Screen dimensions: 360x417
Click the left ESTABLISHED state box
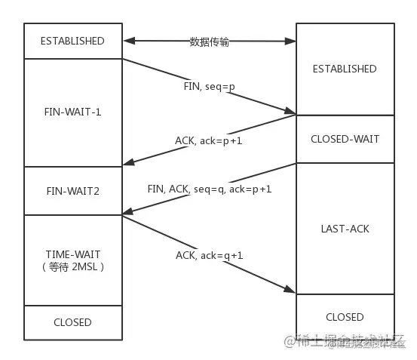[x=72, y=41]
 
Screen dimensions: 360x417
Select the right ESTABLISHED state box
[x=345, y=69]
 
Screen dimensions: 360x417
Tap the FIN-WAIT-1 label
[x=72, y=112]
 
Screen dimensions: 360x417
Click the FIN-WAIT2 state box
[x=72, y=191]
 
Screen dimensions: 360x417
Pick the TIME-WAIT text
[x=72, y=254]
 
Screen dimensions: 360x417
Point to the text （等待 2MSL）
[x=72, y=266]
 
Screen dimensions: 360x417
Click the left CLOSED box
[x=72, y=322]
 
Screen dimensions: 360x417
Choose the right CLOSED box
[x=345, y=317]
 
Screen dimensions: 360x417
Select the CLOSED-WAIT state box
[x=345, y=139]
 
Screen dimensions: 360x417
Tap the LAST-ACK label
[x=345, y=228]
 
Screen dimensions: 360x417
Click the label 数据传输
[x=209, y=42]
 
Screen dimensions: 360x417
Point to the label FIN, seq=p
[x=209, y=87]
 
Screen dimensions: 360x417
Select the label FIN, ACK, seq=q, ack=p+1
[x=210, y=189]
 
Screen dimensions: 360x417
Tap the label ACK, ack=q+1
[x=210, y=255]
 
